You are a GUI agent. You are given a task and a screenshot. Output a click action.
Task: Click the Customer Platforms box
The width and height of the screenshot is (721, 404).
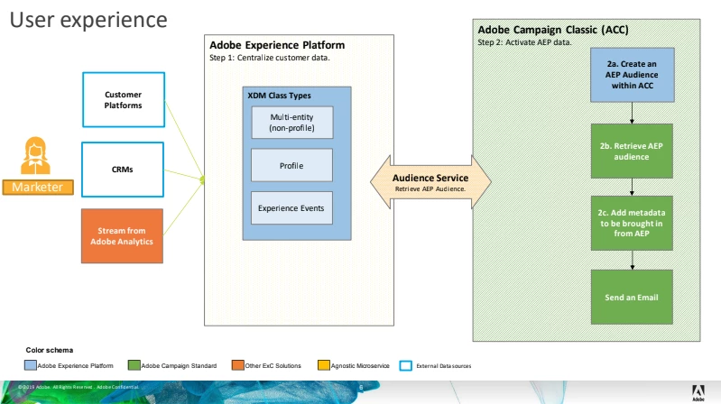[x=123, y=99]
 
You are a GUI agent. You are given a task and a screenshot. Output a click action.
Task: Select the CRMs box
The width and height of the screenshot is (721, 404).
[x=123, y=167]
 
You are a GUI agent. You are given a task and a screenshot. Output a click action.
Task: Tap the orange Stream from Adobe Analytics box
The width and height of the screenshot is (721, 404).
[x=123, y=235]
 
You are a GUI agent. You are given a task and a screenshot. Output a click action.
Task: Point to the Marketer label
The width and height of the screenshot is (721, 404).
[x=36, y=187]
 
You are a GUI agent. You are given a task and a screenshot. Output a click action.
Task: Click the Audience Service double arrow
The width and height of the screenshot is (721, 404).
[x=430, y=182]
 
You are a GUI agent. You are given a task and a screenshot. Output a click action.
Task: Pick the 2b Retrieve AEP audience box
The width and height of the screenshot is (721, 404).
[x=631, y=151]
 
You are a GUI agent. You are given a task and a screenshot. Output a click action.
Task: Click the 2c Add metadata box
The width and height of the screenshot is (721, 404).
[x=631, y=222]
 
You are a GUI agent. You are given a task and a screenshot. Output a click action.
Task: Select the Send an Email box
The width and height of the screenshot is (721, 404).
[x=631, y=296]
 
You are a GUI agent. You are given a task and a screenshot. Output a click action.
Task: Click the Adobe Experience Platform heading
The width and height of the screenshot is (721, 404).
[x=276, y=45]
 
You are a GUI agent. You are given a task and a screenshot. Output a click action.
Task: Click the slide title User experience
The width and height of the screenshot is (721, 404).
[x=88, y=19]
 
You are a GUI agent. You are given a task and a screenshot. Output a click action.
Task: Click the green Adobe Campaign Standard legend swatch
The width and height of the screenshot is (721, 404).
[x=134, y=365]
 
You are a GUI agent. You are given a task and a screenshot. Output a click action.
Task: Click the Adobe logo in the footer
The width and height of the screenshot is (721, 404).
[x=698, y=390]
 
